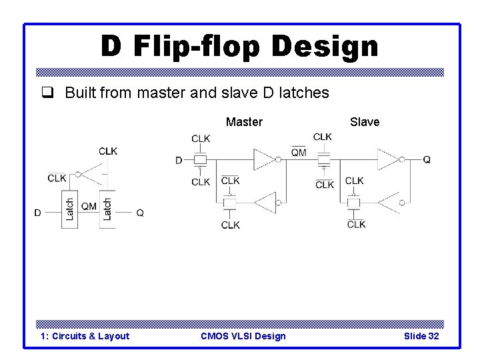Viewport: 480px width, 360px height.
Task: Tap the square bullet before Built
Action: [x=45, y=93]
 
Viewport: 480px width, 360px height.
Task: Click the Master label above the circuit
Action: [x=244, y=122]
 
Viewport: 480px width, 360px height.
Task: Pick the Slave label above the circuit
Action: [x=365, y=122]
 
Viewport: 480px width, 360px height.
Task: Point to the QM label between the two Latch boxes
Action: [x=89, y=207]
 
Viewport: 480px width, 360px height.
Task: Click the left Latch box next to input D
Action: [x=69, y=210]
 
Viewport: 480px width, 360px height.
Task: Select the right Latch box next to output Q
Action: [x=107, y=210]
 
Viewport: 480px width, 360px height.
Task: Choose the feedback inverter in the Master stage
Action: [x=265, y=201]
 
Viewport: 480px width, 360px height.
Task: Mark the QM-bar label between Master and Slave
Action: [x=299, y=153]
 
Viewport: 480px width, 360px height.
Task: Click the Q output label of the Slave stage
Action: [x=427, y=160]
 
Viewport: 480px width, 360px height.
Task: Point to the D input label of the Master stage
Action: [x=179, y=160]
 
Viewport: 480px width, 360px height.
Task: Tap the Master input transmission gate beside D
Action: [x=201, y=160]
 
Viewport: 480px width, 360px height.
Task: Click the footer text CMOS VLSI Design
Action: [x=243, y=336]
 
